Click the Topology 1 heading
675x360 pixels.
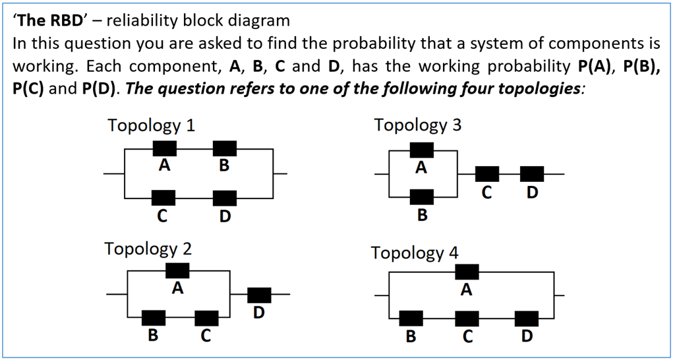152,125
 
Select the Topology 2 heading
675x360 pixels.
148,249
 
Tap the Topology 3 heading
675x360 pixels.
418,125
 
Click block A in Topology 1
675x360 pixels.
164,149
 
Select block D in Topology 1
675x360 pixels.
225,197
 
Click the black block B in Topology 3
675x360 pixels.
422,196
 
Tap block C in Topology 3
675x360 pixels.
487,174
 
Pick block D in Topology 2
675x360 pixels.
259,295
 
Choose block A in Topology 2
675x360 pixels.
177,270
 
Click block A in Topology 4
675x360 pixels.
467,272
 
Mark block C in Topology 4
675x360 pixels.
467,318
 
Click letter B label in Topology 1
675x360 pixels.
224,166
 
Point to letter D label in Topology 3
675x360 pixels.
532,193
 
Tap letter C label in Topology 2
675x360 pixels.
206,336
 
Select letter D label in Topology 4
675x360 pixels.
526,336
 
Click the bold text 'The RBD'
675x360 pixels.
51,20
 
